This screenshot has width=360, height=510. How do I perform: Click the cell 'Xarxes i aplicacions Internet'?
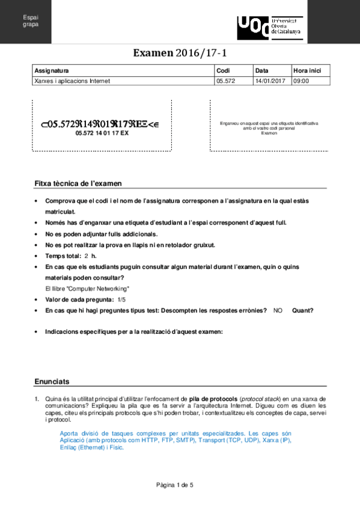72,80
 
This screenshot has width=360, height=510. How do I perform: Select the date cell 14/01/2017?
269,80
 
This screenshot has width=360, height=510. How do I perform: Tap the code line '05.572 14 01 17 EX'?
102,134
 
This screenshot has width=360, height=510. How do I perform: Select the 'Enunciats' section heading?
52,381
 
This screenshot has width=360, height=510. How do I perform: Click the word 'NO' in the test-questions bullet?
278,310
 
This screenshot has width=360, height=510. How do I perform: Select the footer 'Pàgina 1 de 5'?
180,485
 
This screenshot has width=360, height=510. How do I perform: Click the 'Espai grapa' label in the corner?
30,22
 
